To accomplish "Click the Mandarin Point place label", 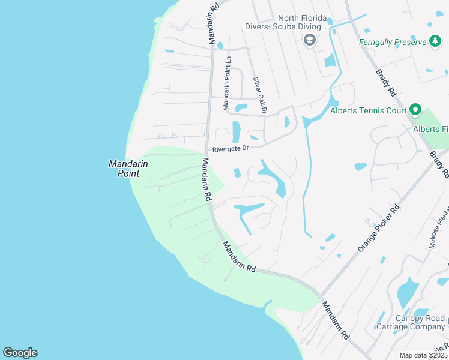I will (x=124, y=169).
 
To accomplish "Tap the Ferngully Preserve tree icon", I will (x=435, y=42).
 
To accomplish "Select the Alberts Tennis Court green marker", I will (x=414, y=110).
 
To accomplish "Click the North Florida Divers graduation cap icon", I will (x=310, y=40).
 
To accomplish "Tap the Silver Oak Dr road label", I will (x=259, y=95).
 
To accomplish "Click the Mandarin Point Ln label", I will (x=227, y=83).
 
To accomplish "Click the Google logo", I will (x=20, y=353).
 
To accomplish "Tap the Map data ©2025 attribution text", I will (x=423, y=355).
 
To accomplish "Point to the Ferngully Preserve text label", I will (x=393, y=42).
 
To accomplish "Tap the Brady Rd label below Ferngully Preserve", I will (x=387, y=83).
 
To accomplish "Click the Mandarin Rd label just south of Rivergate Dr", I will (x=206, y=179).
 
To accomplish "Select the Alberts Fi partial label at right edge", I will (x=430, y=129).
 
